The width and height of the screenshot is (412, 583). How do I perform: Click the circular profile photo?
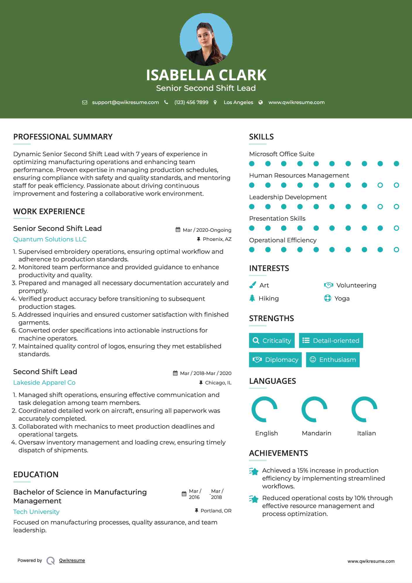pos(206,40)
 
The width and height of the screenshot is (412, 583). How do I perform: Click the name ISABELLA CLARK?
pos(206,75)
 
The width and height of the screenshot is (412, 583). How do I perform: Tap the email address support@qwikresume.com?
pos(125,102)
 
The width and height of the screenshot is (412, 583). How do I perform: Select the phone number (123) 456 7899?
pos(191,102)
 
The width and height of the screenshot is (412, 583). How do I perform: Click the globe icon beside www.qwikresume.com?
pos(261,102)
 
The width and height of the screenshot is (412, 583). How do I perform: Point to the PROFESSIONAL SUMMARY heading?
pos(63,137)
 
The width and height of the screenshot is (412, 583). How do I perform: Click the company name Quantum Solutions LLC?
pos(50,239)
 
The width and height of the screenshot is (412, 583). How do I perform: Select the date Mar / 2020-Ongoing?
pos(207,230)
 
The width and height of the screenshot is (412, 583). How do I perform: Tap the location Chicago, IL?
pos(218,383)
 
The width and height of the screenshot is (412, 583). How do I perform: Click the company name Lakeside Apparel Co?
pos(44,383)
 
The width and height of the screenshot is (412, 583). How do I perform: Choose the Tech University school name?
pos(36,512)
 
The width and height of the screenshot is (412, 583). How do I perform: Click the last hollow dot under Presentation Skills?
pos(396,228)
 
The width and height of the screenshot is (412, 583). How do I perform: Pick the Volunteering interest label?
pos(356,285)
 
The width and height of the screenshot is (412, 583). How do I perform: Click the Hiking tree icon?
pos(252,298)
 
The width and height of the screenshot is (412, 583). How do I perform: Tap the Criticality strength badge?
pos(272,340)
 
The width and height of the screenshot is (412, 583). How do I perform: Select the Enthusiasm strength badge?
pos(333,360)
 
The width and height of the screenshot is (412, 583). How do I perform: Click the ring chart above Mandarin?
pos(314,409)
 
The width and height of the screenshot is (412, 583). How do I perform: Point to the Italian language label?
pos(366,433)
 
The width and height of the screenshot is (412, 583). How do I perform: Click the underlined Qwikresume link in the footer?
pos(72,560)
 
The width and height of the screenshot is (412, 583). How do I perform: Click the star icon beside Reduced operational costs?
pos(254,499)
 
